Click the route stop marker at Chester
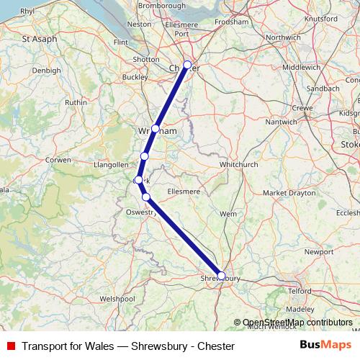coord(187,65)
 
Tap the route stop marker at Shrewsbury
coord(221,275)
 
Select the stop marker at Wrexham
coord(156,129)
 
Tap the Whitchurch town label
coord(238,164)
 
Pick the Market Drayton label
coord(289,193)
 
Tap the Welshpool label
coord(117,297)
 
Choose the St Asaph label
coord(40,38)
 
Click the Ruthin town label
coord(76,102)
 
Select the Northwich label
coord(282,37)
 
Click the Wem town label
coord(228,214)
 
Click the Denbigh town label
coord(46,71)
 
